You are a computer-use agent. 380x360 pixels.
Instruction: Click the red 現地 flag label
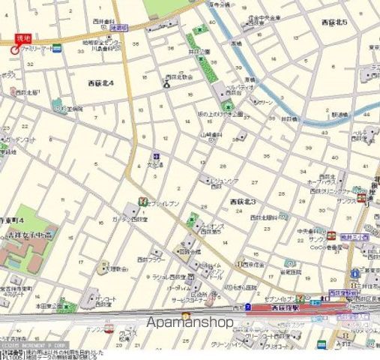pos(24,37)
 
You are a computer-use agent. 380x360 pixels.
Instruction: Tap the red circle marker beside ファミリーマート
pos(14,48)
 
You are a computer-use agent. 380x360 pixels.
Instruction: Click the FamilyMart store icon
pos(58,47)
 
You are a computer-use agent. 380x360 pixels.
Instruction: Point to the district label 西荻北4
pos(100,83)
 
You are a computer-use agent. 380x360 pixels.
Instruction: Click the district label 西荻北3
pos(243,202)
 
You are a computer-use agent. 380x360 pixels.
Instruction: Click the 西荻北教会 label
pos(178,76)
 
